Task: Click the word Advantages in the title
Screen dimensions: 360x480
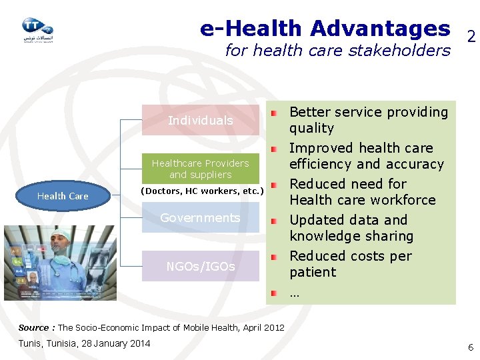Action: click(x=379, y=29)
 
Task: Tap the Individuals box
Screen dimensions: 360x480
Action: click(x=200, y=121)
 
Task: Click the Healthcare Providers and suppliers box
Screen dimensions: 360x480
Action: click(x=200, y=169)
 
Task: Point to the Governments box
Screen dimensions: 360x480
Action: click(x=200, y=218)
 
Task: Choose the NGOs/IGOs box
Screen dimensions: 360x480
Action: click(x=200, y=267)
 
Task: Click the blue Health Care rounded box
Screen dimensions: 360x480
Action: click(x=63, y=196)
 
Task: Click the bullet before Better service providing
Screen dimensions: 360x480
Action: click(x=273, y=112)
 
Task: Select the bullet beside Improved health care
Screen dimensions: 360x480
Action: click(x=273, y=148)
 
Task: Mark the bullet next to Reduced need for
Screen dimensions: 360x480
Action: click(x=273, y=184)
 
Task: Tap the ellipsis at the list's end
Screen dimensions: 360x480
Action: click(x=294, y=293)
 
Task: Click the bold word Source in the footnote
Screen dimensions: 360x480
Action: click(x=33, y=327)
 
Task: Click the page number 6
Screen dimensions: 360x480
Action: click(x=471, y=347)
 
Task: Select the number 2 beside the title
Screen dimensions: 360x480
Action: click(x=471, y=37)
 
